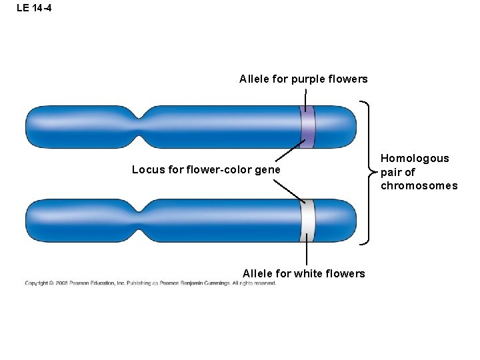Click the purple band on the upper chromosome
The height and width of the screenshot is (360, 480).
pos(307,127)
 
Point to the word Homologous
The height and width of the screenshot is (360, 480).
pos(415,159)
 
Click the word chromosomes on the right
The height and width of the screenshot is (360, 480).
pos(419,185)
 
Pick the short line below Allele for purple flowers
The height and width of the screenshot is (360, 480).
pos(305,99)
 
